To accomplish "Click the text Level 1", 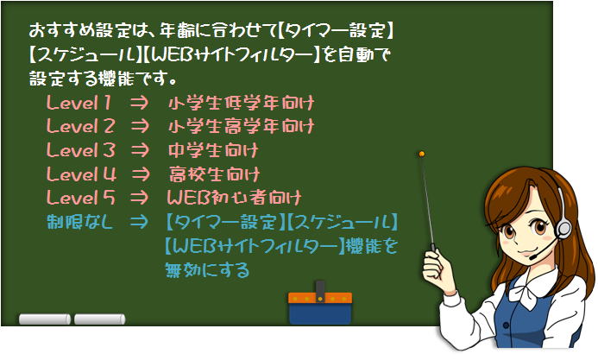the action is click(x=79, y=103).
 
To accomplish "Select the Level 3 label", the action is click(x=81, y=150).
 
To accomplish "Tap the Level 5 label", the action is click(x=80, y=198).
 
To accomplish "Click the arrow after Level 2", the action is click(x=140, y=126).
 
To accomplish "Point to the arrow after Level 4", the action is click(x=141, y=174).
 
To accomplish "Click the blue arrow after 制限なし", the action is click(x=138, y=222).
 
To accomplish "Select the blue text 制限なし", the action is click(x=79, y=222).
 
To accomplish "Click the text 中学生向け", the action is click(x=214, y=150).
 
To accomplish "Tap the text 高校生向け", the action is click(x=214, y=174).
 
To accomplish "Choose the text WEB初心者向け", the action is click(x=234, y=198).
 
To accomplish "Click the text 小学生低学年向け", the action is click(x=241, y=103).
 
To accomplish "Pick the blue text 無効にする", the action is click(x=207, y=270).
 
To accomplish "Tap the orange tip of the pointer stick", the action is click(x=421, y=154).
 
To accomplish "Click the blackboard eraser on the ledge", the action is click(x=320, y=304).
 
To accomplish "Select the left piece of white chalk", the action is click(x=45, y=319).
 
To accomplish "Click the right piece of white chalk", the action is click(x=99, y=319).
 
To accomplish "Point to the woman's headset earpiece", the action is click(x=563, y=229).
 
